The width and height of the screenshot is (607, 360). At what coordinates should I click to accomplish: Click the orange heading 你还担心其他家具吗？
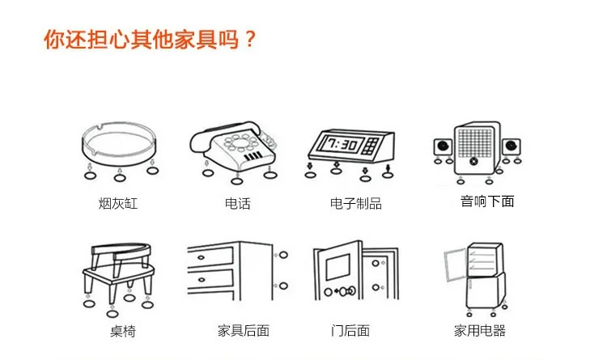tap(150, 39)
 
